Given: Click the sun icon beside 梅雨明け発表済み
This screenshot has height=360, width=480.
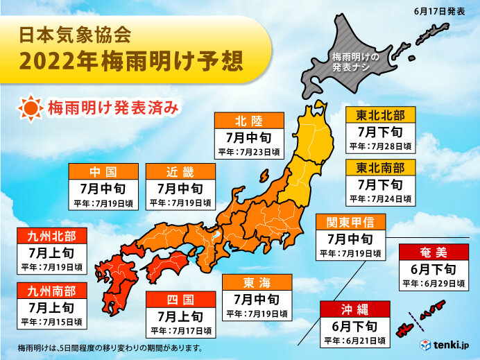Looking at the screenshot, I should click(31, 108).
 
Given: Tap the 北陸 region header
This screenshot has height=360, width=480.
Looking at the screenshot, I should click(249, 119).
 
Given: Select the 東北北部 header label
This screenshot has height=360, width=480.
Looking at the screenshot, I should click(380, 114).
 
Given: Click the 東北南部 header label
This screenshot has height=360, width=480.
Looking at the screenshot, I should click(380, 167).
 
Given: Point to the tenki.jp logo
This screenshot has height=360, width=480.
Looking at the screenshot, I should click(447, 345).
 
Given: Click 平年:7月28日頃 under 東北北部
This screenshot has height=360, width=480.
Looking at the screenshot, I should click(380, 146).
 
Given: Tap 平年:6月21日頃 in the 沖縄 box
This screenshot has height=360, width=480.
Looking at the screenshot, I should click(354, 341).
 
